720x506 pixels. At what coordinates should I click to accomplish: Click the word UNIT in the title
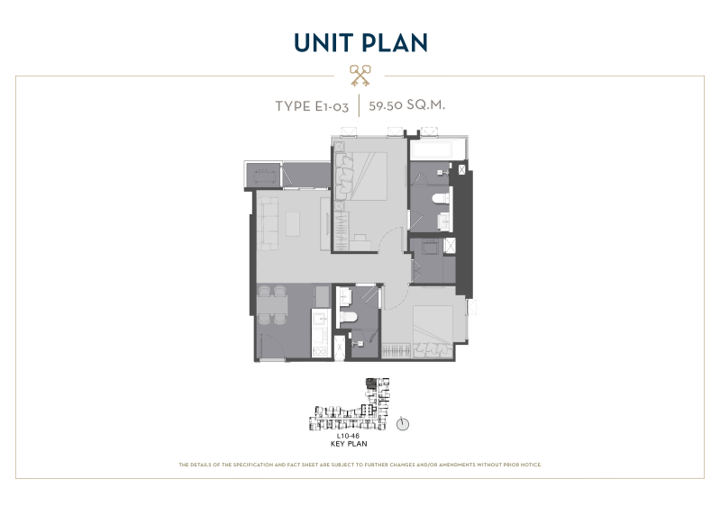point(324,42)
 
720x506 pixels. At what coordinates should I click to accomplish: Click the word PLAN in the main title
point(395,42)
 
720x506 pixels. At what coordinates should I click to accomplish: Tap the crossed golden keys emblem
point(360,76)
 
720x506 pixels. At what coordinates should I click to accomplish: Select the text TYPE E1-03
point(312,106)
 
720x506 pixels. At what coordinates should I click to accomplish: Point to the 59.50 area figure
point(384,105)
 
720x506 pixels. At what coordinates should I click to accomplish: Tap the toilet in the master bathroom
point(441,199)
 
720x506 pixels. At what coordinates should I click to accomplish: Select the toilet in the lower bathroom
point(349,317)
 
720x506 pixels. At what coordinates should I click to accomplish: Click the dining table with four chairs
point(272,305)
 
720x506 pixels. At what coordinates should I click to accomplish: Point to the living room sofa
point(268,223)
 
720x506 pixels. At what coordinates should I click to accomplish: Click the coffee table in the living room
point(293,223)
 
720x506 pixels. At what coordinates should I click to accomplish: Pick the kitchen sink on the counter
point(321,318)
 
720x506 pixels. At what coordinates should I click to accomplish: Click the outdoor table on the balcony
point(263,176)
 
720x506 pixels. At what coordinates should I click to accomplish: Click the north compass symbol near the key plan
point(402,424)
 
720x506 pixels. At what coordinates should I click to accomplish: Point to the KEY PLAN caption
point(349,444)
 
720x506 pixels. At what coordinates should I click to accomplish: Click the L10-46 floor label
point(348,436)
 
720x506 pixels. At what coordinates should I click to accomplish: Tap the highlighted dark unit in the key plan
point(370,383)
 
